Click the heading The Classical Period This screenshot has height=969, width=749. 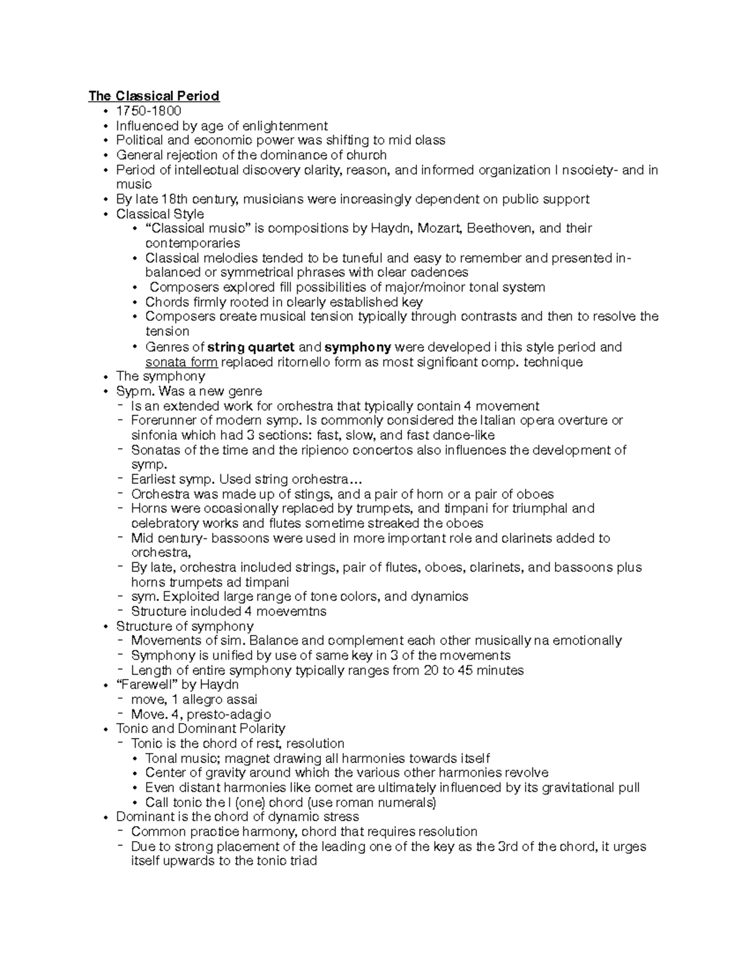(x=154, y=96)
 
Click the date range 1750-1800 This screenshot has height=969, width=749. (x=149, y=111)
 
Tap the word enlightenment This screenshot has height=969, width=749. (x=285, y=126)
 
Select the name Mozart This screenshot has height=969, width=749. (x=439, y=228)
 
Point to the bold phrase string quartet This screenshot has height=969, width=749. (x=242, y=347)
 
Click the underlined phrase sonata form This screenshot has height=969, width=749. (x=181, y=362)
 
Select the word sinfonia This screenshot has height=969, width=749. (x=154, y=436)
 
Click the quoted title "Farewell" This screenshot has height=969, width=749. (x=144, y=684)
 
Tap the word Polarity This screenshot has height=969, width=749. (x=262, y=729)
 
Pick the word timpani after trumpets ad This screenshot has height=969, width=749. (x=267, y=582)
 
